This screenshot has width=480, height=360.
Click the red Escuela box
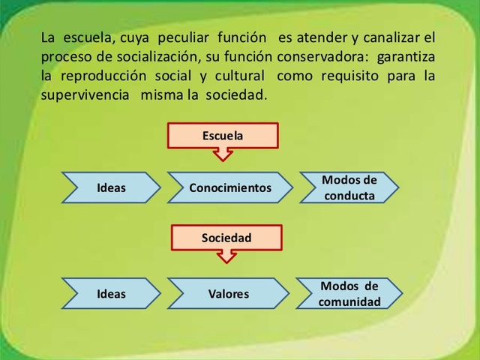coord(223,136)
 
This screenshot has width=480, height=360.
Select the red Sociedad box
coord(226,238)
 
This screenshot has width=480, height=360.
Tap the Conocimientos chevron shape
coord(229,187)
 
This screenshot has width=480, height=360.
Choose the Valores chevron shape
coord(228,294)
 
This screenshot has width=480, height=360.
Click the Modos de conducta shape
coord(349,187)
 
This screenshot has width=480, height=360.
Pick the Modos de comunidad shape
coord(349,294)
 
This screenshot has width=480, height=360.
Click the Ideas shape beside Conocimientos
coord(111,187)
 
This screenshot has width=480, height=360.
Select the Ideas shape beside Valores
coord(111,294)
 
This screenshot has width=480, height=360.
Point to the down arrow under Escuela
coord(223,154)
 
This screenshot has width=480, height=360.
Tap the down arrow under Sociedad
coord(226,256)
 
